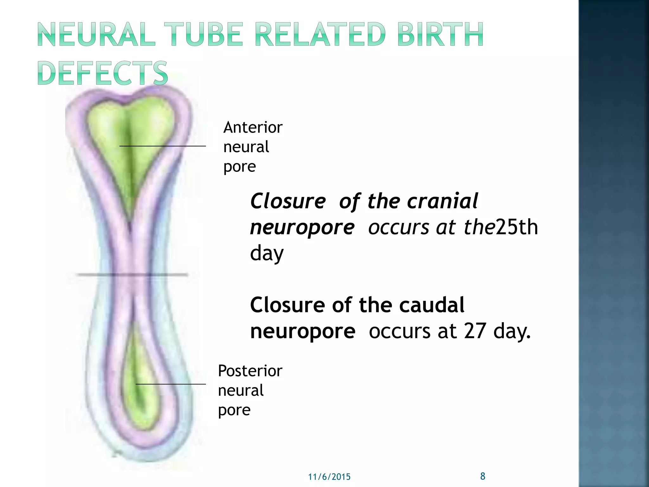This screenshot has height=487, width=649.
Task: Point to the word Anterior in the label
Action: (253, 127)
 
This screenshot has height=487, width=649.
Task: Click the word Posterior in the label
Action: (250, 371)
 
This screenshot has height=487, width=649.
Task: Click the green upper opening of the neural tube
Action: (130, 133)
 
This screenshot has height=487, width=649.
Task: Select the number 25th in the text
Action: (517, 227)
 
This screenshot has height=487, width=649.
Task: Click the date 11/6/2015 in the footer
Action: (329, 477)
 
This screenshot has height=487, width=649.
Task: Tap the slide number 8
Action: (483, 476)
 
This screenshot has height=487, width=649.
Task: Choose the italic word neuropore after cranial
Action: (302, 227)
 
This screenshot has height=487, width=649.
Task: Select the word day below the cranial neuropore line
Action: (267, 254)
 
